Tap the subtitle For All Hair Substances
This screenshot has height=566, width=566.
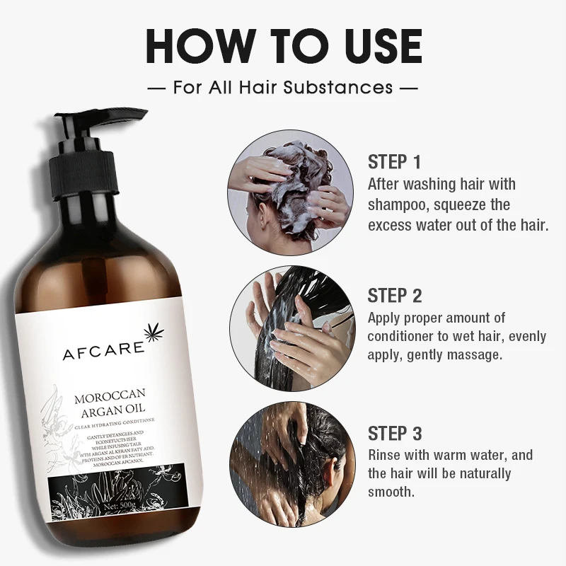click(283, 88)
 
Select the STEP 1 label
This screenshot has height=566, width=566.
click(394, 161)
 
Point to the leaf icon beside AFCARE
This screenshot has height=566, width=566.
click(153, 335)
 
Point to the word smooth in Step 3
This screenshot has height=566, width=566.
click(391, 491)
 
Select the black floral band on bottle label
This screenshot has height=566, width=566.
click(113, 488)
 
